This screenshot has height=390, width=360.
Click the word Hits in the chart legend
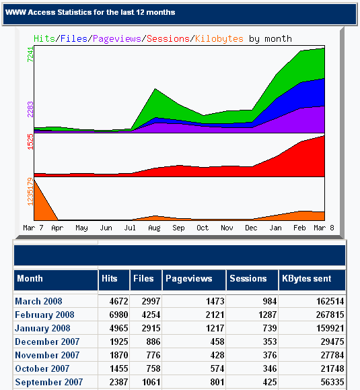point(44,39)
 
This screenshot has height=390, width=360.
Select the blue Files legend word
point(74,39)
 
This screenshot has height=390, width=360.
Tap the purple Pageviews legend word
point(117,39)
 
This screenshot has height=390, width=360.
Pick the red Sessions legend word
point(168,39)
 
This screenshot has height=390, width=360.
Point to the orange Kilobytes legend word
point(219,39)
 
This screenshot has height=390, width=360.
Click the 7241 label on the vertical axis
point(30,54)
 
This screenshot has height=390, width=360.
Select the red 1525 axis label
point(30,141)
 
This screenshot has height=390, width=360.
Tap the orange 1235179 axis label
point(30,192)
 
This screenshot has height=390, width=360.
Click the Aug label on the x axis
point(154,228)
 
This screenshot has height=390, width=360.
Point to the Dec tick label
point(251,228)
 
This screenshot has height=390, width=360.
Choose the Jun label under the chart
point(106,228)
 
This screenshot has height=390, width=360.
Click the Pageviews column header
point(189,279)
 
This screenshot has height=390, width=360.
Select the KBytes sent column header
point(307,279)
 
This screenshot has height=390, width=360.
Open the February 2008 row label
point(44,315)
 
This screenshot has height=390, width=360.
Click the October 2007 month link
point(42,368)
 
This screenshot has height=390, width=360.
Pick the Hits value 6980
point(118,315)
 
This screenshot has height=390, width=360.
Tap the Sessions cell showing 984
point(270,302)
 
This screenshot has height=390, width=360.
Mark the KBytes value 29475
point(332,342)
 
